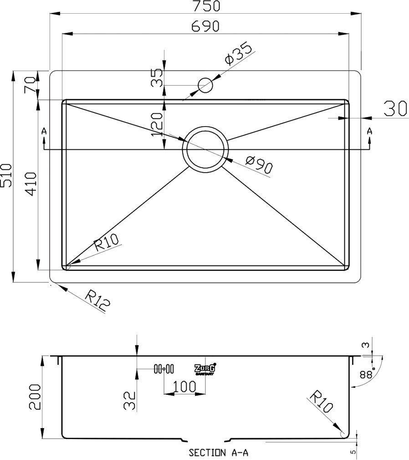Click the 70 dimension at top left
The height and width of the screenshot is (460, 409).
[x=31, y=85]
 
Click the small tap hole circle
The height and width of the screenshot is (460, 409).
[x=205, y=85]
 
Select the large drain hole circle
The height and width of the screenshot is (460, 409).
[x=205, y=148]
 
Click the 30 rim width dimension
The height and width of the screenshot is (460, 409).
[x=395, y=109]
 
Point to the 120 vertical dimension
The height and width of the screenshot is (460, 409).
[x=156, y=123]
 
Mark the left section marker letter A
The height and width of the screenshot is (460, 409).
[x=44, y=131]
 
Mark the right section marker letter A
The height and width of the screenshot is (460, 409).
[x=369, y=131]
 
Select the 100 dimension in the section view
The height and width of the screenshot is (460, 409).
[x=184, y=387]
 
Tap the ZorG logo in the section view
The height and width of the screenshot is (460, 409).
[x=205, y=369]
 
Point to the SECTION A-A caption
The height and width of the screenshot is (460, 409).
[x=218, y=453]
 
